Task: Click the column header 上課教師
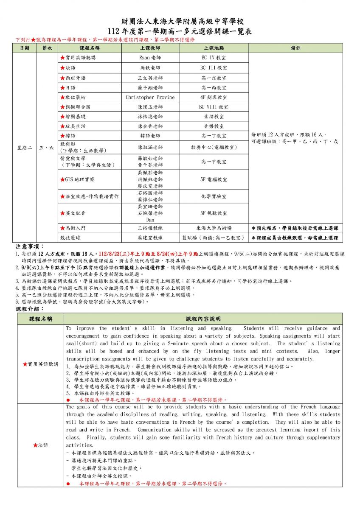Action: pyautogui.click(x=150, y=48)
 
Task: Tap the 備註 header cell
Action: pyautogui.click(x=295, y=48)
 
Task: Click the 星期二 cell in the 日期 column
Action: pyautogui.click(x=24, y=148)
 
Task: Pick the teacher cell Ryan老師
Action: pyautogui.click(x=150, y=58)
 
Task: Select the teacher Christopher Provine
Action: pyautogui.click(x=150, y=97)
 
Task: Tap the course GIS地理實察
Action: pyautogui.click(x=79, y=179)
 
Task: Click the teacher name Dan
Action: pyautogui.click(x=150, y=220)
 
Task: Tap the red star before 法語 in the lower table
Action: pyautogui.click(x=35, y=445)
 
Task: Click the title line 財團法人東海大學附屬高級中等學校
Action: pyautogui.click(x=180, y=22)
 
